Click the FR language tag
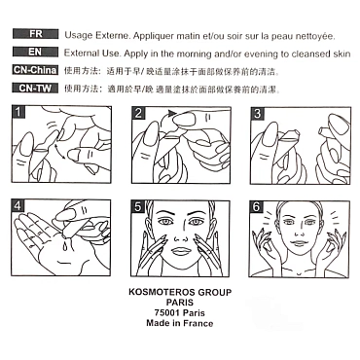point(36,34)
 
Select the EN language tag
point(36,52)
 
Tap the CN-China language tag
point(36,70)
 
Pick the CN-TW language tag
point(36,89)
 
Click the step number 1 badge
point(18,112)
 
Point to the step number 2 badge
point(138,113)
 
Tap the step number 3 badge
point(257,113)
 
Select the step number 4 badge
point(18,206)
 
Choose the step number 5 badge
point(138,206)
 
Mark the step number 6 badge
point(256,207)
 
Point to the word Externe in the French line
point(112,35)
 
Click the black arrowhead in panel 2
point(172,113)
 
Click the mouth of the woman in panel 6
point(299,243)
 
